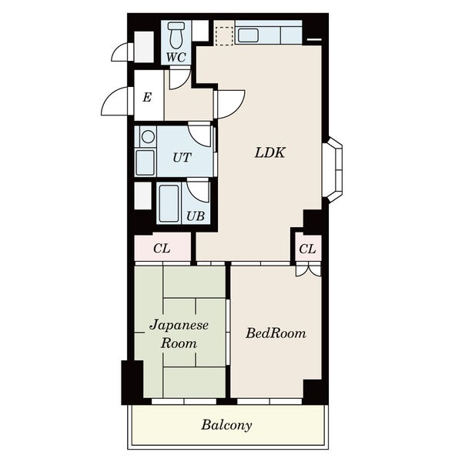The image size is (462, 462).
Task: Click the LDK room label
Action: pyautogui.click(x=270, y=152)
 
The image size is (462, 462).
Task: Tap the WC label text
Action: pyautogui.click(x=176, y=57)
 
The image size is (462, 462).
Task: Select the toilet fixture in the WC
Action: pyautogui.click(x=176, y=35)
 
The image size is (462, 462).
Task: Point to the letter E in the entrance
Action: pyautogui.click(x=147, y=97)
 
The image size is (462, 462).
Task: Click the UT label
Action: pyautogui.click(x=182, y=158)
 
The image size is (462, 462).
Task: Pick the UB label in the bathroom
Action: pyautogui.click(x=196, y=216)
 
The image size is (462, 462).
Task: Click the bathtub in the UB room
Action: pyautogui.click(x=169, y=203)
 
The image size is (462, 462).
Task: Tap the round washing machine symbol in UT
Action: pyautogui.click(x=148, y=137)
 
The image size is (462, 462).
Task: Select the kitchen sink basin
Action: pyautogui.click(x=248, y=35)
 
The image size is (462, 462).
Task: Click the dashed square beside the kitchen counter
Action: pyautogui.click(x=224, y=36)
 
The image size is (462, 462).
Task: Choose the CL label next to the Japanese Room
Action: pyautogui.click(x=162, y=249)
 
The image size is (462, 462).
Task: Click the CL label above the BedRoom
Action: pyautogui.click(x=307, y=249)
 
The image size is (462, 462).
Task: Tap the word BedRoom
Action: pyautogui.click(x=276, y=333)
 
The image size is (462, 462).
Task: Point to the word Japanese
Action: pyautogui.click(x=179, y=326)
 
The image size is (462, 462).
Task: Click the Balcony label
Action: pyautogui.click(x=226, y=425)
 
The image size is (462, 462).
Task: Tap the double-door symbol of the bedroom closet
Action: pyautogui.click(x=308, y=270)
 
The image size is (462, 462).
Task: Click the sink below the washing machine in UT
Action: pyautogui.click(x=146, y=163)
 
